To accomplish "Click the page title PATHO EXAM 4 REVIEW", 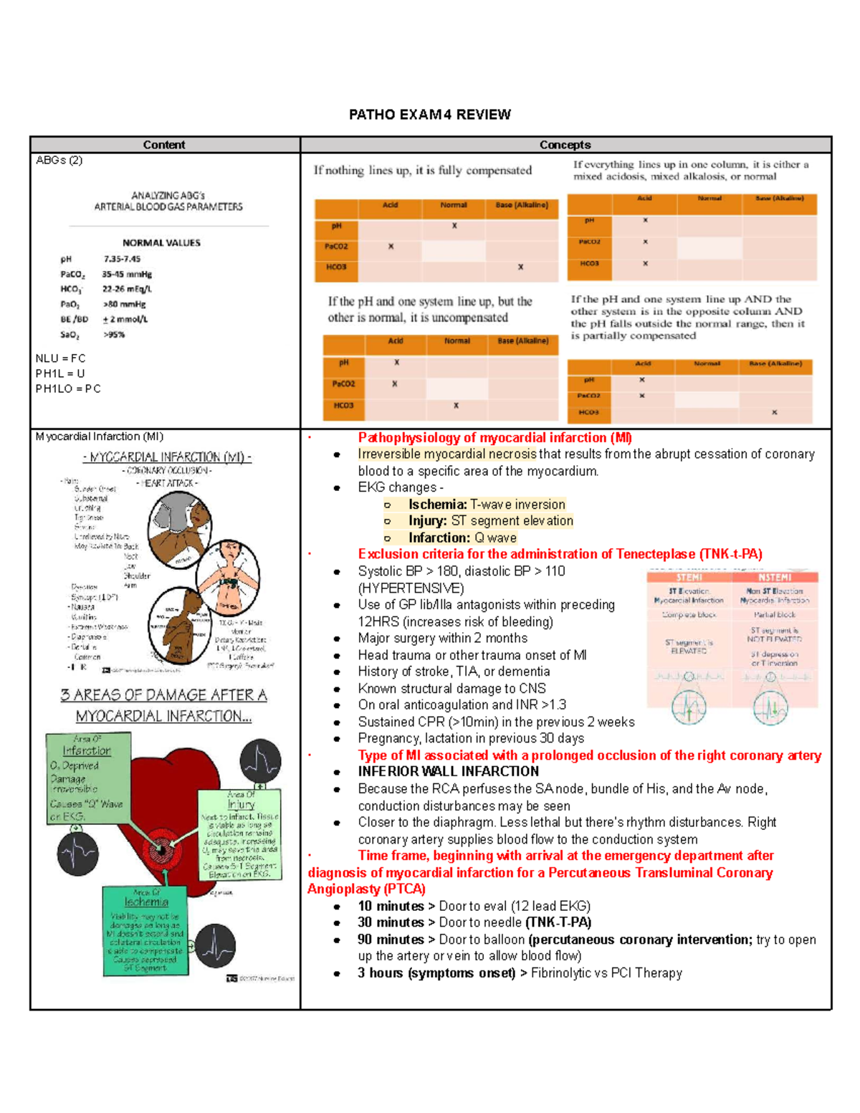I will pos(429,115).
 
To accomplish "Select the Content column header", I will pos(164,145).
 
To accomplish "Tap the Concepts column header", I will pos(565,145).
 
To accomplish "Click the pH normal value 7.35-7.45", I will pos(122,259).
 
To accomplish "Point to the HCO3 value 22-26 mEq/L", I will pos(127,289).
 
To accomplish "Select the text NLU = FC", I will pos(61,358).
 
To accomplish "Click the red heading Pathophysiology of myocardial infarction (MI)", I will pos(494,438).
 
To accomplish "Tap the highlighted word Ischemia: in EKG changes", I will pos(437,505).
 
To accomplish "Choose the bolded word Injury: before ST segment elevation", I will pos(428,521).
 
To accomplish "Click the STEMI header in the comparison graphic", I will pos(689,578).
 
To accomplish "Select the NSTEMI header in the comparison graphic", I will pos(774,578).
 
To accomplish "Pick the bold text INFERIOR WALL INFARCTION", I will pos(448,772).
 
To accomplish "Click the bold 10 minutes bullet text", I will pos(391,907).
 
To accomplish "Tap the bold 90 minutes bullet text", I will pos(391,940).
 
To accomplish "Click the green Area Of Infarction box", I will pos(87,778).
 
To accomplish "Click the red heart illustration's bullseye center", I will pos(163,851).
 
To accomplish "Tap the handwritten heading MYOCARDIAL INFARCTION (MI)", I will pos(167,457).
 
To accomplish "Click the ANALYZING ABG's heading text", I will pos(168,195).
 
